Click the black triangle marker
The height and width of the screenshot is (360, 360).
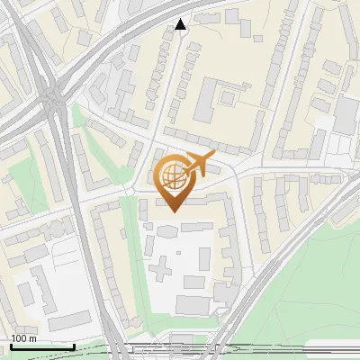181,24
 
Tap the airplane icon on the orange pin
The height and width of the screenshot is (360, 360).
199,165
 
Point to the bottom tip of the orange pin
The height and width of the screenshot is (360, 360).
173,211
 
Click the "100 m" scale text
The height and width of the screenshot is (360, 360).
23,338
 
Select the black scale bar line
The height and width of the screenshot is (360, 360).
42,346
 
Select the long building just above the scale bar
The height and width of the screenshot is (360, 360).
69,320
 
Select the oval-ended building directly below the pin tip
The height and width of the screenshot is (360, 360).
166,230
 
